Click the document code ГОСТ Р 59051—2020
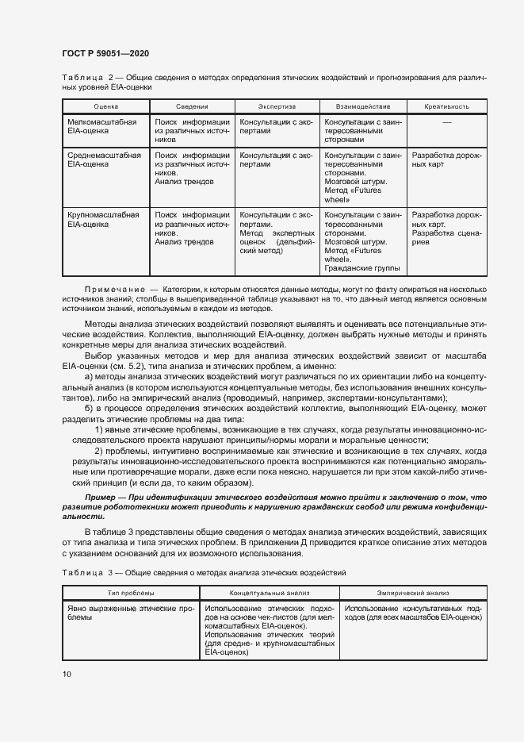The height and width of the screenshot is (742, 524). point(105,53)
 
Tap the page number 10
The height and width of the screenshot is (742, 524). point(67,674)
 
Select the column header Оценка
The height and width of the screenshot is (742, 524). point(105,106)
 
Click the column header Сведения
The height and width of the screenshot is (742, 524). point(192,106)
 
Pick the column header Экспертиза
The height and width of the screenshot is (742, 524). point(277,106)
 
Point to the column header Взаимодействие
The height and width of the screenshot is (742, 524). point(361,106)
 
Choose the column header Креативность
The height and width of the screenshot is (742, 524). point(446,106)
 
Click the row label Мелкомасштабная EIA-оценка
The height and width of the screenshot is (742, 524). point(102,127)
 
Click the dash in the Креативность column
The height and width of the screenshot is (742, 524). point(446,122)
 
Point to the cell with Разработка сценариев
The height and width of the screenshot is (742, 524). point(444,239)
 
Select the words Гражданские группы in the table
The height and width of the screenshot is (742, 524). point(362,268)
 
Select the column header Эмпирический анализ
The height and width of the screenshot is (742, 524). point(413,592)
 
